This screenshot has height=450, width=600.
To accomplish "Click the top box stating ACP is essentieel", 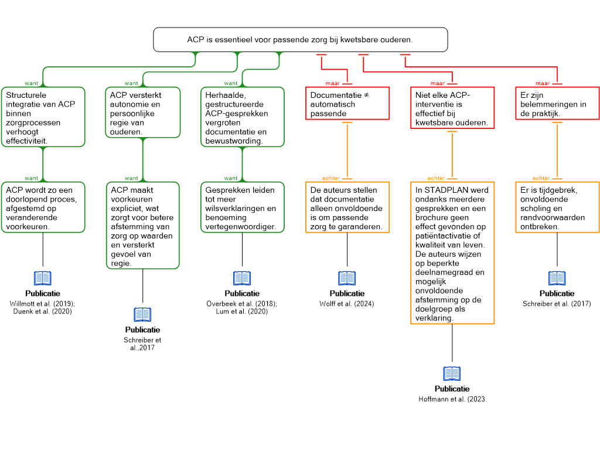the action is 301,39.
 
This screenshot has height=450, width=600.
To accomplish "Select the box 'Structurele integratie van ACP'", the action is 43,117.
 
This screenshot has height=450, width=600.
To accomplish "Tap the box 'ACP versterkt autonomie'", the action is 142,112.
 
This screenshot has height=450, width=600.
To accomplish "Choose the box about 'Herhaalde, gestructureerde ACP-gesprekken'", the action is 242,117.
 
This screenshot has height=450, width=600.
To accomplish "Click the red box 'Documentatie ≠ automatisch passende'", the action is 347,103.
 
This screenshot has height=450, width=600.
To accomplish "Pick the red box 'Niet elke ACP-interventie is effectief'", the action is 452,108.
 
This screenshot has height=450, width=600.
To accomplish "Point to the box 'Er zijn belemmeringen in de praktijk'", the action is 557,103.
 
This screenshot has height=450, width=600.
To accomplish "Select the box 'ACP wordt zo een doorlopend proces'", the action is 43,207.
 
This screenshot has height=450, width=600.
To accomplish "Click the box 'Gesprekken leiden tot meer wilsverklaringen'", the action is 242,207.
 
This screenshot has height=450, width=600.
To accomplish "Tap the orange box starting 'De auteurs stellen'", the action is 347,207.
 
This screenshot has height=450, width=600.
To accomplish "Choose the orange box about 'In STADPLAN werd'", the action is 452,253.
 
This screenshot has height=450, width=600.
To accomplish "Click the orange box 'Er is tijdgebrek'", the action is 557,207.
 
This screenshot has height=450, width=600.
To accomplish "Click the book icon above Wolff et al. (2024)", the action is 347,278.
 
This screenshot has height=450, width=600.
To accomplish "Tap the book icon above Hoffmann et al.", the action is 452,373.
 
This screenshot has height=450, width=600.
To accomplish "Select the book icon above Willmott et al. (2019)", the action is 42,278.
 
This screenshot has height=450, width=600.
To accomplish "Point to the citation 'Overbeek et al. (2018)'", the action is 241,304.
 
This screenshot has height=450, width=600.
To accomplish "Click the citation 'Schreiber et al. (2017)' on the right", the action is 557,304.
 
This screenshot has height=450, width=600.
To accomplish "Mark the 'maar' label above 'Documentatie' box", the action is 333,83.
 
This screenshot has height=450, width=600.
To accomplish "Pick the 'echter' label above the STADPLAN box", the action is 436,178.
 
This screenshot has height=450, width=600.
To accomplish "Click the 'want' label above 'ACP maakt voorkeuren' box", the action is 131,178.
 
